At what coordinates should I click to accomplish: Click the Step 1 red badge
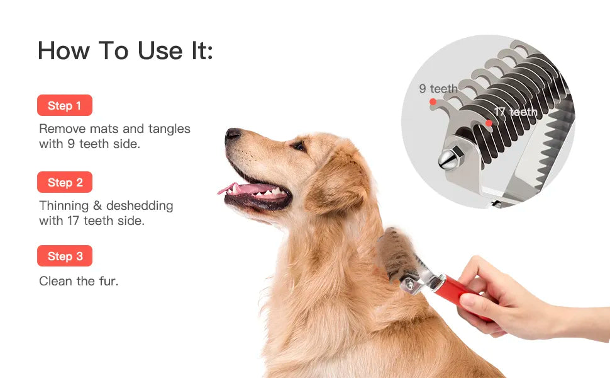click(x=65, y=105)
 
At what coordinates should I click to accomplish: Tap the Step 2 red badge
click(x=65, y=182)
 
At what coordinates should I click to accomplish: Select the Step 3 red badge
click(x=65, y=256)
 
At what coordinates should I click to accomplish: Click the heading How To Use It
click(x=125, y=50)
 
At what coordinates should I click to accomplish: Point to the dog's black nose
click(x=233, y=134)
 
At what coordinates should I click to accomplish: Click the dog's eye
click(x=298, y=146)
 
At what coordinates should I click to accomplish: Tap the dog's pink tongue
click(x=248, y=188)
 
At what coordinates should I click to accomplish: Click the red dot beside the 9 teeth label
click(x=433, y=101)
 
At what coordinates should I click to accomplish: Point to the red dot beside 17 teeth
click(x=489, y=123)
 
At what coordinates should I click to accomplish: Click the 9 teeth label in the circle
click(x=438, y=89)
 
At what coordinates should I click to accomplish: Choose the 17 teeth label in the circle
click(x=516, y=112)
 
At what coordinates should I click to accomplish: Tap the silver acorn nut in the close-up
click(x=448, y=159)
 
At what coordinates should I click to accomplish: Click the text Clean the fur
click(x=79, y=281)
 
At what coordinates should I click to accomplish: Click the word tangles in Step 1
click(x=169, y=129)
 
